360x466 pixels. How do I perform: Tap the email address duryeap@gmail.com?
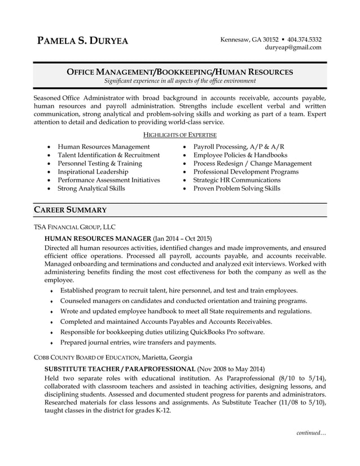(293, 47)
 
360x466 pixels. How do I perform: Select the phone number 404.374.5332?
(304, 39)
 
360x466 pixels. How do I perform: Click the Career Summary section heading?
(71, 210)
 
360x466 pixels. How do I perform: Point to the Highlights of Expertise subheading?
(180, 135)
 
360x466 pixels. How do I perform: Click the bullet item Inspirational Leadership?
(93, 172)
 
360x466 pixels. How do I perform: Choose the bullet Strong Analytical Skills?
(91, 188)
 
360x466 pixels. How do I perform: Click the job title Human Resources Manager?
(98, 239)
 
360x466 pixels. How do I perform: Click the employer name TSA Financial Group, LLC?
(74, 227)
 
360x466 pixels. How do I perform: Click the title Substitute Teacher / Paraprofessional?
(119, 368)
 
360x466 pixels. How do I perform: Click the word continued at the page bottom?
(311, 433)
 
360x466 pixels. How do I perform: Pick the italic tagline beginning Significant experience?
(180, 81)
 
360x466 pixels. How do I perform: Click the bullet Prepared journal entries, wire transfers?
(138, 342)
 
